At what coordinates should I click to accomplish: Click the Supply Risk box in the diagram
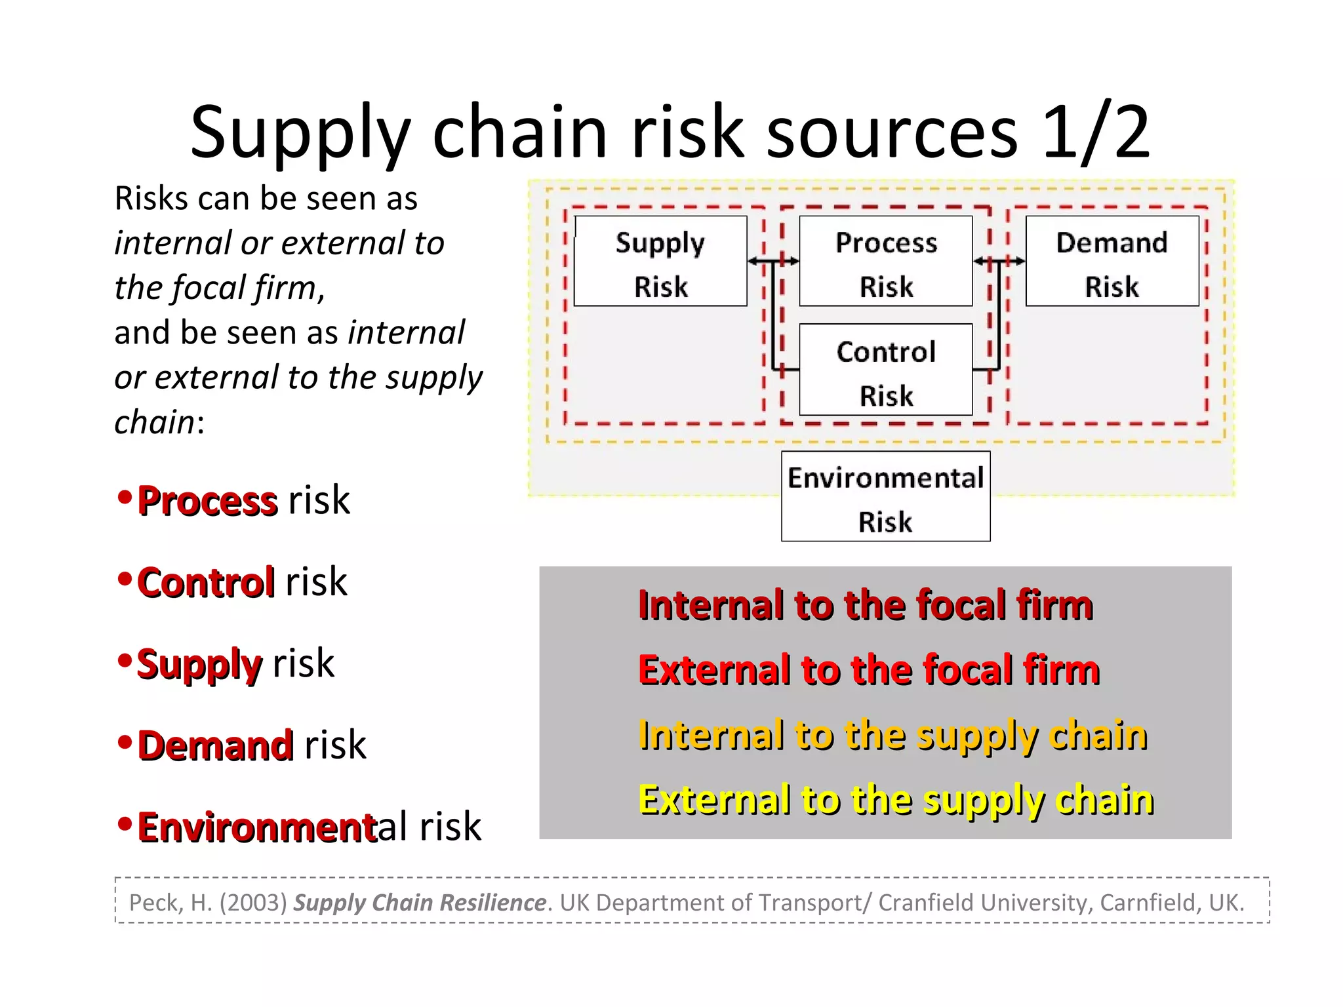(x=660, y=262)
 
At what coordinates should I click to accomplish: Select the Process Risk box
(x=886, y=262)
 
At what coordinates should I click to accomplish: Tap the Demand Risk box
(x=1112, y=262)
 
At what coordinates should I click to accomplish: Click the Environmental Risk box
(x=885, y=497)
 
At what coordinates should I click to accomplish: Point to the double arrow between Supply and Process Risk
(x=773, y=262)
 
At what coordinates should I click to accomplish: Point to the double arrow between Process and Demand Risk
(x=999, y=262)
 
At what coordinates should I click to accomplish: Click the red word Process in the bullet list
(x=207, y=502)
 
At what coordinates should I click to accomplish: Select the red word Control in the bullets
(x=205, y=583)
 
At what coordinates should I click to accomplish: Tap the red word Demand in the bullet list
(x=215, y=746)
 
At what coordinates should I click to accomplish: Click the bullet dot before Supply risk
(x=125, y=660)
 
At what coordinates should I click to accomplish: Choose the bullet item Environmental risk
(x=308, y=827)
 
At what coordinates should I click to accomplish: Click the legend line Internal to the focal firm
(x=865, y=604)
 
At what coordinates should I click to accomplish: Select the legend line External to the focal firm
(x=868, y=670)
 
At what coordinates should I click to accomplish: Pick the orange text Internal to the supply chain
(x=892, y=735)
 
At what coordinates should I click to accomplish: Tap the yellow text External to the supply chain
(x=896, y=800)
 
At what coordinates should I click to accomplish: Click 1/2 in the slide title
(x=1095, y=132)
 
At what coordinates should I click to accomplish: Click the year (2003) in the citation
(x=253, y=903)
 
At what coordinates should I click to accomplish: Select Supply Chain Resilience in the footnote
(x=420, y=903)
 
